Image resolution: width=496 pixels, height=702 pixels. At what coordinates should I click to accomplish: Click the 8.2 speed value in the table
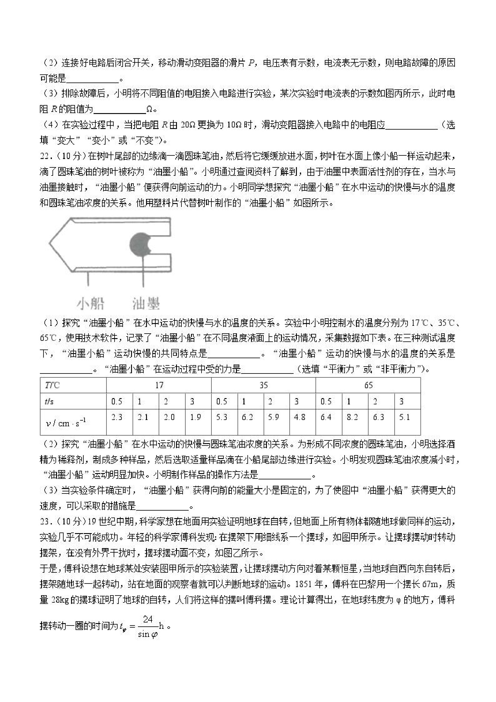click(x=352, y=417)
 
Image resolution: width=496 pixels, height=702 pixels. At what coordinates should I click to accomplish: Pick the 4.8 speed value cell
click(x=300, y=417)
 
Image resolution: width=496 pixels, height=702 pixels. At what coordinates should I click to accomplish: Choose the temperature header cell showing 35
click(x=263, y=385)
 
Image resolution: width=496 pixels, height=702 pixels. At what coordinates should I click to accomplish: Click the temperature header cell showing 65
click(x=368, y=385)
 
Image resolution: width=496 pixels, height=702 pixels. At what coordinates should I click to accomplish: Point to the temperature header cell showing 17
click(x=159, y=385)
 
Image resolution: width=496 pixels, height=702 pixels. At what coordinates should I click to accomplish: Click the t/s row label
click(x=49, y=401)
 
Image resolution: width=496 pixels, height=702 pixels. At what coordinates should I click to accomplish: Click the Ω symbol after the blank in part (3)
click(x=150, y=109)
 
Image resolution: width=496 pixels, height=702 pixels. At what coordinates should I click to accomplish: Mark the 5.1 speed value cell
click(x=404, y=417)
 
